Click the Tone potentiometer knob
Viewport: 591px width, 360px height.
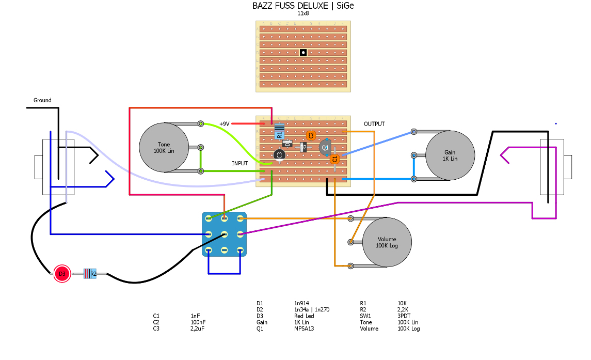(x=164, y=147)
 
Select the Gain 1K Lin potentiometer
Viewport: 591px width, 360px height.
(x=450, y=155)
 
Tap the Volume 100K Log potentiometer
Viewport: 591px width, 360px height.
(x=387, y=242)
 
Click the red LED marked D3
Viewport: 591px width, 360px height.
(x=62, y=274)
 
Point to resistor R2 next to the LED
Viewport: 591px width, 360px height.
(x=90, y=274)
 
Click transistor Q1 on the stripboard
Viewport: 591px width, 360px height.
(x=325, y=147)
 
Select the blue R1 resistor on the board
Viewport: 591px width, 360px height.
(x=279, y=132)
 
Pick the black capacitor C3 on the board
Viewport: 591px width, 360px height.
(x=279, y=155)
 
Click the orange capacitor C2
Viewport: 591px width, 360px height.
(x=311, y=135)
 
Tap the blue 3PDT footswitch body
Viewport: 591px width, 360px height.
(x=224, y=234)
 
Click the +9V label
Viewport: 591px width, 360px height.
(x=224, y=124)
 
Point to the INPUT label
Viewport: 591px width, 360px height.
(x=239, y=163)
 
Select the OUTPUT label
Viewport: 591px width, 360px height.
(x=374, y=124)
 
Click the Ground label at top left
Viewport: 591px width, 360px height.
(x=42, y=100)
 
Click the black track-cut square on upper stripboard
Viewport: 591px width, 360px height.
(x=303, y=52)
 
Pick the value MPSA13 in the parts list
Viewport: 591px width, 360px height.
(x=305, y=328)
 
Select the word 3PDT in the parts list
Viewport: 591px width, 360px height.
(x=404, y=316)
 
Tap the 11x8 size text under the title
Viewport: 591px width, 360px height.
(x=303, y=13)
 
